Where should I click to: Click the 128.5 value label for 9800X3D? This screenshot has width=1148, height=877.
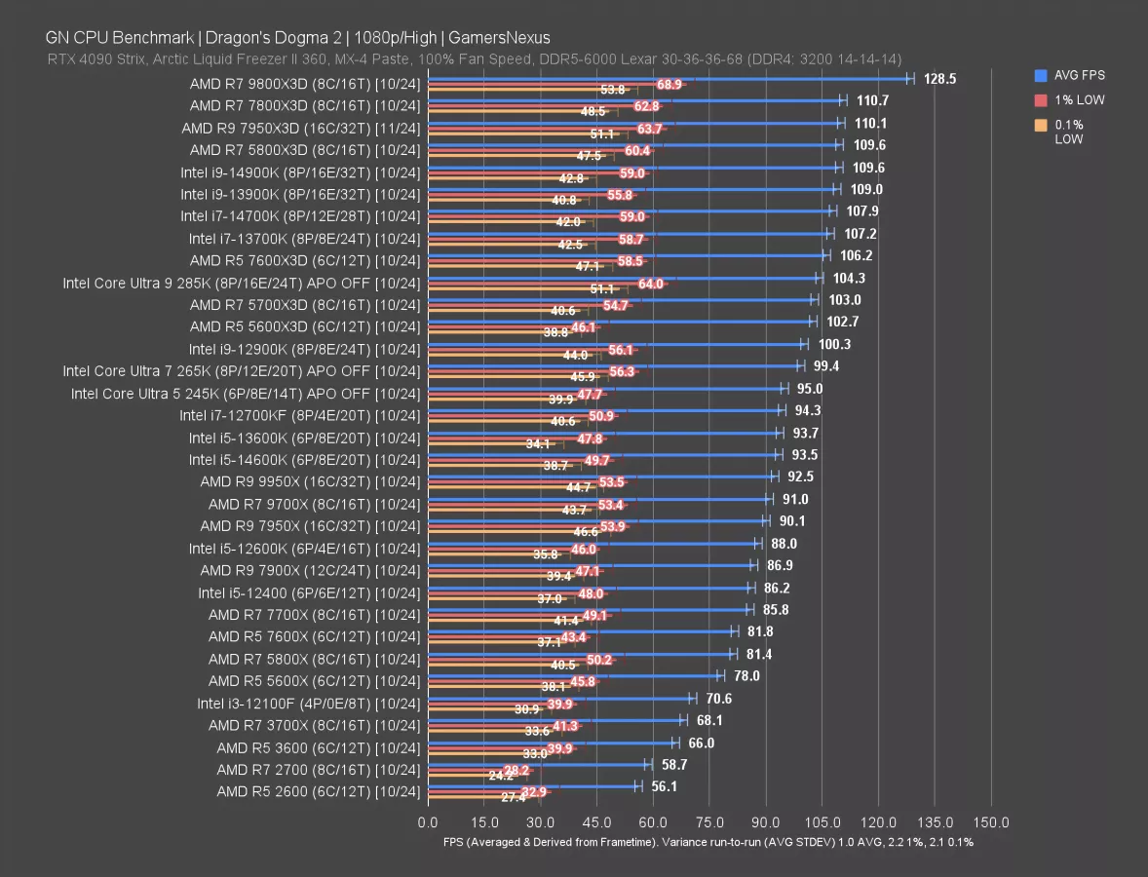pyautogui.click(x=939, y=79)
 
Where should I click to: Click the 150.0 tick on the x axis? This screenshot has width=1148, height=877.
pyautogui.click(x=991, y=822)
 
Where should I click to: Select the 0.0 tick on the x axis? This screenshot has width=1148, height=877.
pyautogui.click(x=427, y=822)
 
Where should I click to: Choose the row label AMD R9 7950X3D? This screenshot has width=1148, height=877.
pyautogui.click(x=301, y=128)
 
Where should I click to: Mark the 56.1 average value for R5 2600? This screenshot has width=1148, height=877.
pyautogui.click(x=666, y=786)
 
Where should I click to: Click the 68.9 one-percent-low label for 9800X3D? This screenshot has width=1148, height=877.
pyautogui.click(x=670, y=86)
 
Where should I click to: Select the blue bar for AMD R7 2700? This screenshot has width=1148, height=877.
pyautogui.click(x=536, y=764)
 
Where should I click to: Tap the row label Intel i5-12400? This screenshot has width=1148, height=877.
pyautogui.click(x=309, y=592)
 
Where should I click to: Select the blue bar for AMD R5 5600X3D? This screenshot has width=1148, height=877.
pyautogui.click(x=619, y=320)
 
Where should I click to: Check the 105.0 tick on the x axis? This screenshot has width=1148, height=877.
pyautogui.click(x=822, y=822)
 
